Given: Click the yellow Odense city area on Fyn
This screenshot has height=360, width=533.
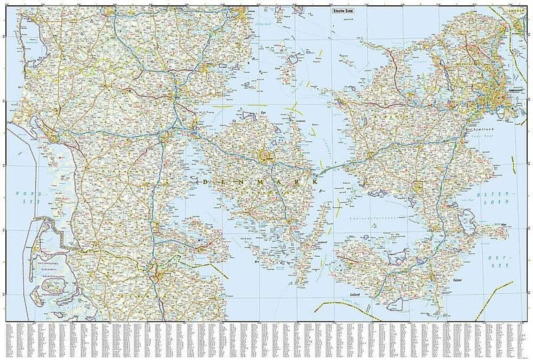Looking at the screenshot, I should click(267, 157).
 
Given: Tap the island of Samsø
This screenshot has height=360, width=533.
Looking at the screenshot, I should click(293, 67).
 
